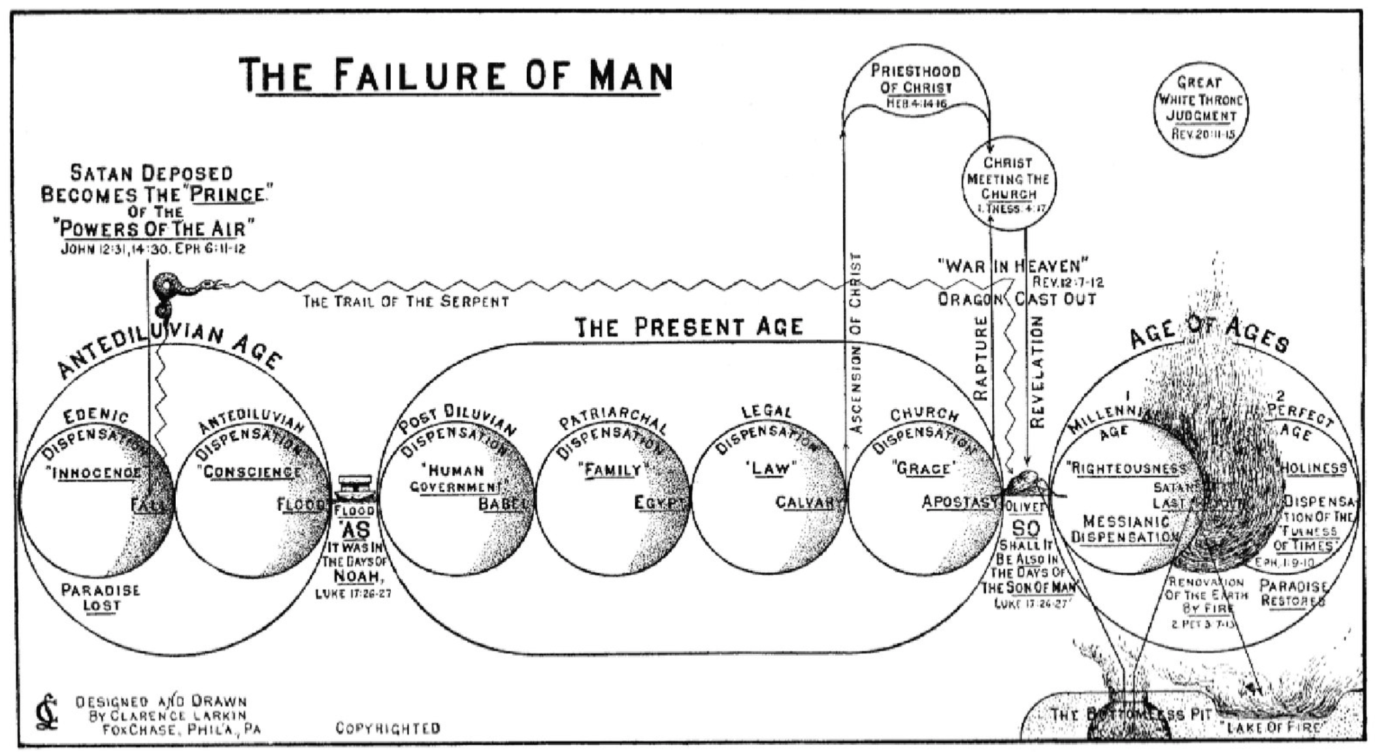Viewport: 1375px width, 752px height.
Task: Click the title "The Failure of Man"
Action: (x=456, y=75)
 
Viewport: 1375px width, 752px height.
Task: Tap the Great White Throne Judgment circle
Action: (x=1201, y=109)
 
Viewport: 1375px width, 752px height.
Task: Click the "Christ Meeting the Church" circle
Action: (x=1008, y=183)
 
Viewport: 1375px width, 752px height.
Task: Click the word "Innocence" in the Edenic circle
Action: (x=97, y=473)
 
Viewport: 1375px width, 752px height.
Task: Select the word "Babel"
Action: (x=503, y=504)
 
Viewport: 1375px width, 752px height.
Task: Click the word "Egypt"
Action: (x=660, y=503)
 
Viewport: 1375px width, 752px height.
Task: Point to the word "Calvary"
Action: (x=809, y=502)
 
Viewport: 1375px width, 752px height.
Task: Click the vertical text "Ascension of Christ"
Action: (x=856, y=343)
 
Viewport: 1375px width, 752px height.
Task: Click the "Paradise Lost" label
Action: (x=101, y=597)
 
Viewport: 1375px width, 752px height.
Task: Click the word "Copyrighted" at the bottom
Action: (x=388, y=728)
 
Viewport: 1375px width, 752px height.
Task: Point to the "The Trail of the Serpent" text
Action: (x=405, y=301)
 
